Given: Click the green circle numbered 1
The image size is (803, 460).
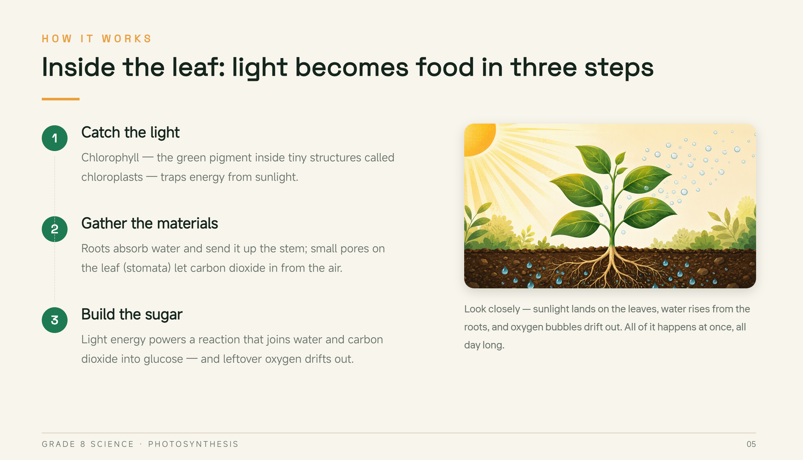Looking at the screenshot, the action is [x=55, y=138].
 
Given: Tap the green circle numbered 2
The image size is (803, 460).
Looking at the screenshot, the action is [x=55, y=229].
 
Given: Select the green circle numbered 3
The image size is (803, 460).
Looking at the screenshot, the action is [x=55, y=320].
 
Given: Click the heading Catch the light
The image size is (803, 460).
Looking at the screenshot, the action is [x=130, y=133].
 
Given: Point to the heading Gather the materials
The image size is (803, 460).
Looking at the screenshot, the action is [x=149, y=224].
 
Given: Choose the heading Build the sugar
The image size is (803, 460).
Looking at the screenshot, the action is [x=132, y=315].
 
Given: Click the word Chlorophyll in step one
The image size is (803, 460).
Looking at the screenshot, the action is [x=110, y=158].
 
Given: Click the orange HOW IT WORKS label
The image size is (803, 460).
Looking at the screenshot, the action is [x=97, y=39].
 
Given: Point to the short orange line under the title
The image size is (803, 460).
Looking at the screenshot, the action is [x=61, y=99].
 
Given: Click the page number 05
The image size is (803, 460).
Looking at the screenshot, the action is [x=751, y=444].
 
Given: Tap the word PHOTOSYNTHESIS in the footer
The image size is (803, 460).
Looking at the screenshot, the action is [x=193, y=444].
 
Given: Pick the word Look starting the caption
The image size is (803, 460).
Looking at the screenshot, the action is [x=475, y=309].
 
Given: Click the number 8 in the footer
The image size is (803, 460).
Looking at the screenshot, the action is [x=83, y=444].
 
